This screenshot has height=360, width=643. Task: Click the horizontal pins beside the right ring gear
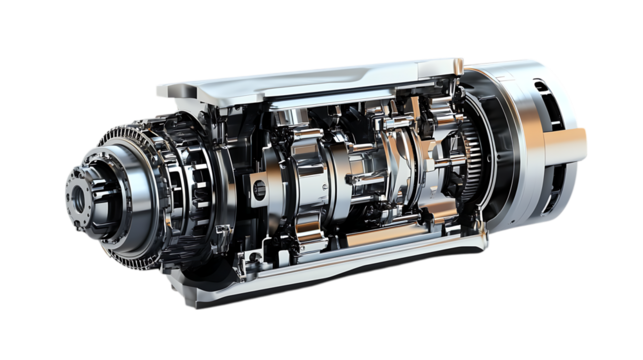click(450, 160)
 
